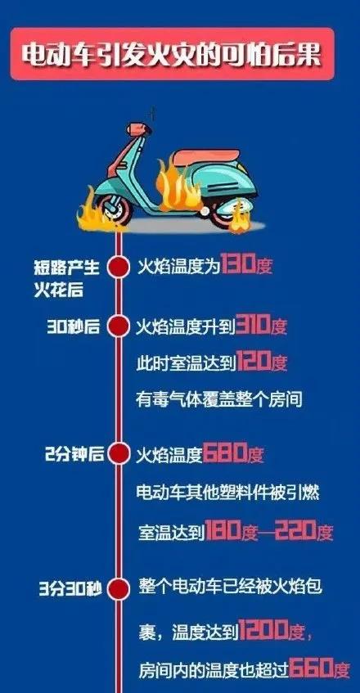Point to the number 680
(x=225, y=455)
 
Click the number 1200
(x=261, y=633)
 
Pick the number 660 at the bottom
(x=312, y=669)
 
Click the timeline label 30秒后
(x=73, y=327)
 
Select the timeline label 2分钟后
(x=74, y=455)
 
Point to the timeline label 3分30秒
(x=70, y=589)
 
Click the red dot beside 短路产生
(x=119, y=266)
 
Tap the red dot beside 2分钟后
(x=119, y=454)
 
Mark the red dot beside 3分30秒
(x=119, y=588)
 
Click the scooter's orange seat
(x=206, y=158)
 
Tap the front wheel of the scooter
(x=115, y=209)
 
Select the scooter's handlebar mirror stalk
(x=153, y=115)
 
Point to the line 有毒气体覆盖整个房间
(x=219, y=399)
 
